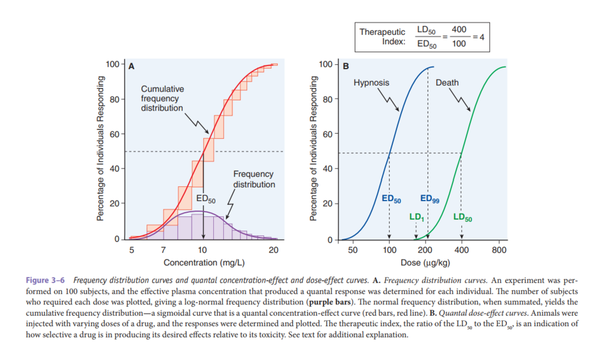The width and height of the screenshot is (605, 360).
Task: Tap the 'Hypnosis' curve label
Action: coord(371,83)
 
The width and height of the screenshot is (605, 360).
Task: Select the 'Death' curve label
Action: coord(447,83)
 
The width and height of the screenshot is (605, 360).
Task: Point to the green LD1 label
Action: coord(417,217)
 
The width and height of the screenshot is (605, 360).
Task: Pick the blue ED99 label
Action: coord(430,199)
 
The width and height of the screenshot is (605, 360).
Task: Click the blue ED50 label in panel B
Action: coord(391,199)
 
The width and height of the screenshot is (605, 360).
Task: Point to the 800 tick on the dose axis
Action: coord(499,250)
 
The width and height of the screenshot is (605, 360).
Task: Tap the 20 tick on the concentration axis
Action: coord(273,250)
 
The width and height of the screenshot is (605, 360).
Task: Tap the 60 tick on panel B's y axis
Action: coord(328,134)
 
